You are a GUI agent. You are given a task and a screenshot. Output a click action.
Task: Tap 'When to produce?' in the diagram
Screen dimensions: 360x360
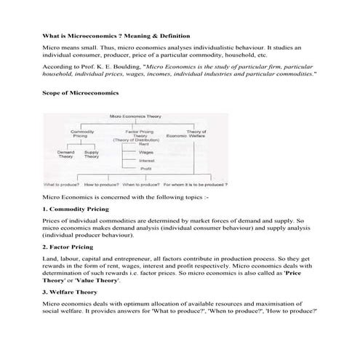141,185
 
